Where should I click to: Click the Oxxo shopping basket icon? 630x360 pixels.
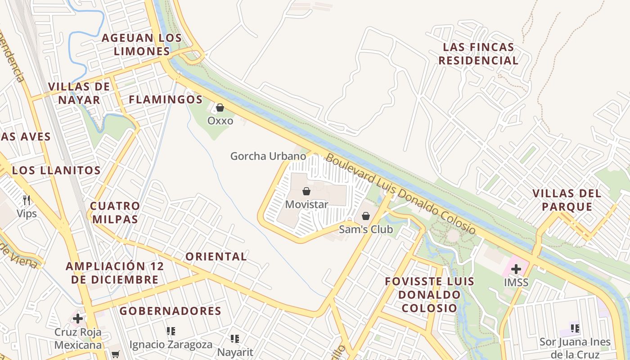[x=220, y=108]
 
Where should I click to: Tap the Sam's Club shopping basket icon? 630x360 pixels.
[x=366, y=216]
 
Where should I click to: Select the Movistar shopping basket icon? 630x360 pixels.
[x=306, y=192]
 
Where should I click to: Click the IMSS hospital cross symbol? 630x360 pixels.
[x=516, y=269]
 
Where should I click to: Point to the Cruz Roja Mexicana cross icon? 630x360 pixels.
[x=78, y=319]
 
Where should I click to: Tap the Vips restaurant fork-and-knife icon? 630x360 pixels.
[x=27, y=200]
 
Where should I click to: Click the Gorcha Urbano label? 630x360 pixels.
[x=268, y=156]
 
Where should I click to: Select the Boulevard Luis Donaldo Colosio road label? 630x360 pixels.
[x=400, y=194]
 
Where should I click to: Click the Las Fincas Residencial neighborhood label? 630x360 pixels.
[x=478, y=54]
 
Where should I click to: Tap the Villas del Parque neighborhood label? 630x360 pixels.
[x=567, y=200]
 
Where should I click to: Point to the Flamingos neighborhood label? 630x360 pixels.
[x=166, y=99]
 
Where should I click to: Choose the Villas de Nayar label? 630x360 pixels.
[x=79, y=93]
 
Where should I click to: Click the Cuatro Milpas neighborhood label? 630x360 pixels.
[x=115, y=212]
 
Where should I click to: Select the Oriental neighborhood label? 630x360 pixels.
[x=216, y=256]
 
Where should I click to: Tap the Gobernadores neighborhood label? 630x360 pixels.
[x=171, y=311]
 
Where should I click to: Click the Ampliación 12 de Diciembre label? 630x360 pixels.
[x=115, y=273]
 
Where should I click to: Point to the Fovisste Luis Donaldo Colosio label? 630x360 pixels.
[x=429, y=295]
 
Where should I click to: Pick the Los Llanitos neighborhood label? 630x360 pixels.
[x=56, y=170]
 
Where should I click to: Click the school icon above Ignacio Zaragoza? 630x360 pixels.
[x=171, y=332]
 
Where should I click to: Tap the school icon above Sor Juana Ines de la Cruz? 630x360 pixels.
[x=575, y=328]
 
